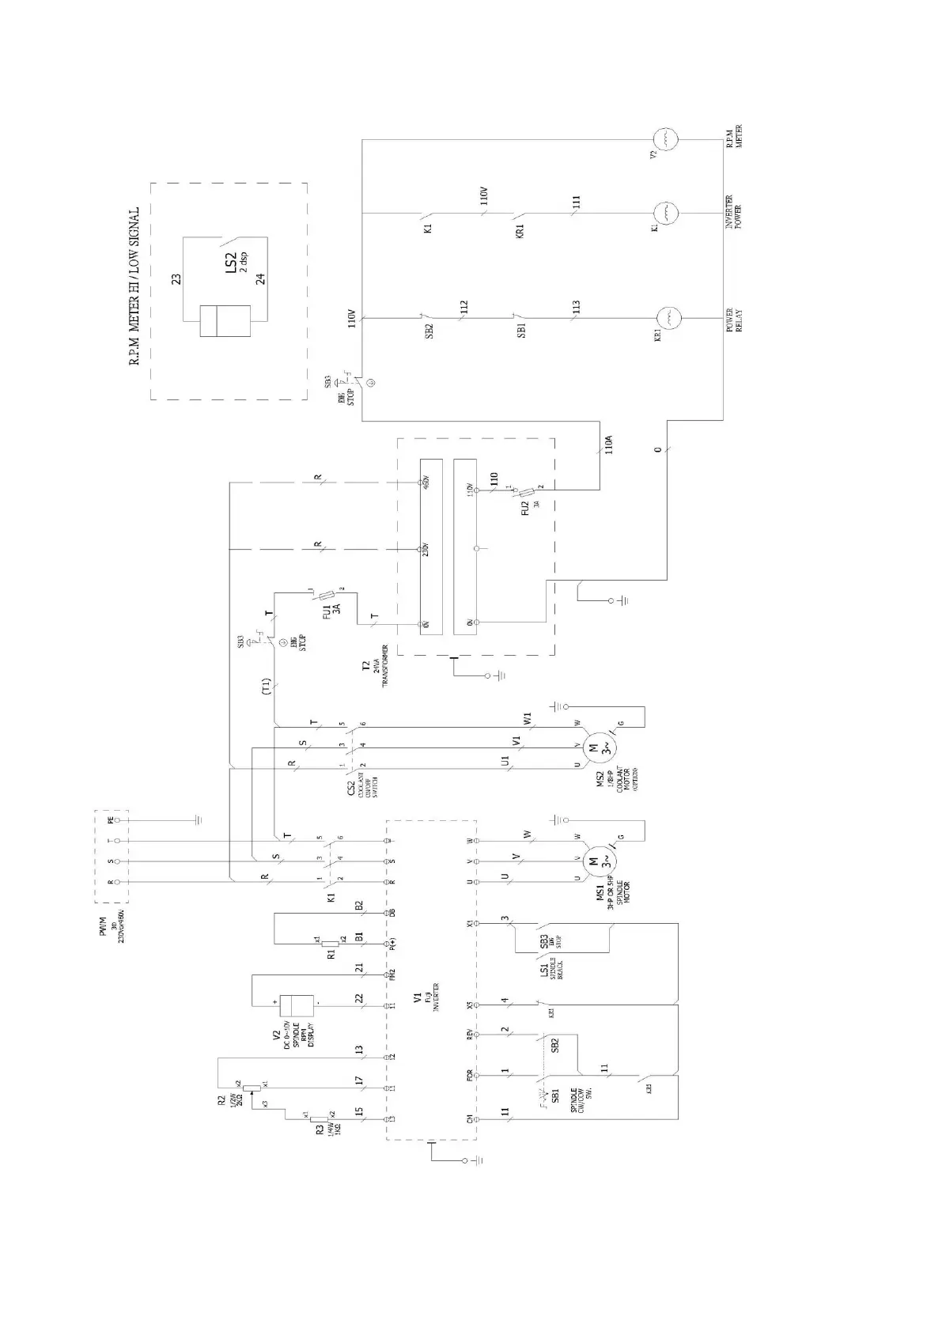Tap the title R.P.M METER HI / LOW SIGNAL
134,286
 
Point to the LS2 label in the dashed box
230,261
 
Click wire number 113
576,308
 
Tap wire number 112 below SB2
463,308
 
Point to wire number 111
576,203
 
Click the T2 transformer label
365,667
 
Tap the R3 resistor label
319,1130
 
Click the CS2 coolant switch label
350,789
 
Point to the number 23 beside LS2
176,278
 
